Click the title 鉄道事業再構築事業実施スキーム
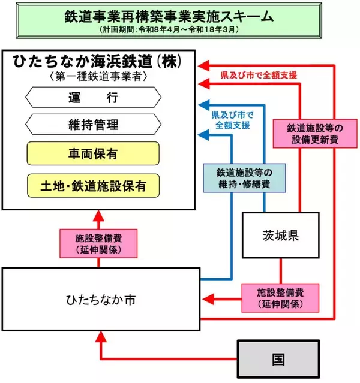179,14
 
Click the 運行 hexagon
92,96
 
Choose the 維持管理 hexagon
92,125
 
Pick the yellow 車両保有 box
92,154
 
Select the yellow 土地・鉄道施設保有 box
92,185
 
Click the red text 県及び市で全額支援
256,75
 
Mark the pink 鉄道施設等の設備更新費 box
302,133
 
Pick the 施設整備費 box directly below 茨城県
279,297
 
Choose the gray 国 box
278,360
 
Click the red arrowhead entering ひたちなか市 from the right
205,297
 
